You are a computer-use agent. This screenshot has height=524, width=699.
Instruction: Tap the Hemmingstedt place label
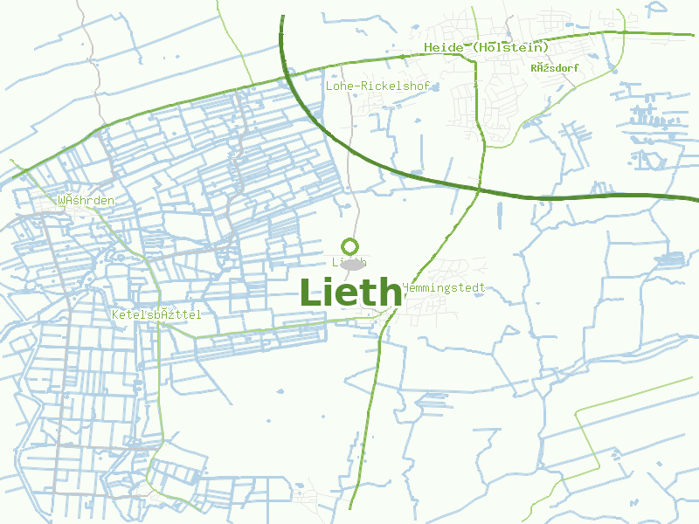point(443,287)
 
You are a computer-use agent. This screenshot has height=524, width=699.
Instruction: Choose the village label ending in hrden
point(86,200)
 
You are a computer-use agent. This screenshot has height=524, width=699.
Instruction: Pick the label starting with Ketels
point(156,314)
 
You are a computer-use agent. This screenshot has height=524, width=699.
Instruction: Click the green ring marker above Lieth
point(350,246)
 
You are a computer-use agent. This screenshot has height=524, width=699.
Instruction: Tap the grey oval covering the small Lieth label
point(352,264)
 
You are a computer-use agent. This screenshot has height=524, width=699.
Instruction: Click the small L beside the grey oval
point(336,262)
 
